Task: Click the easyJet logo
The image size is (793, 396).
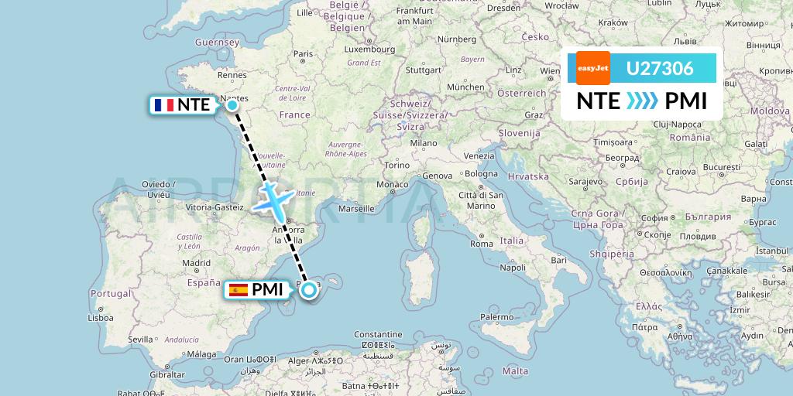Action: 593,68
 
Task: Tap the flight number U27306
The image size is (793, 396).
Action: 660,69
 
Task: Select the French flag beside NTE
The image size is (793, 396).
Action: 163,105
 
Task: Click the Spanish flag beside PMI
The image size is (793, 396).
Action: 238,290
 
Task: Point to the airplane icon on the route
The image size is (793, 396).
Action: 271,200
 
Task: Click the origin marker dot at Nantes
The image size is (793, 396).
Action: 232,104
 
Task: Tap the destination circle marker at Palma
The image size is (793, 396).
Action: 309,290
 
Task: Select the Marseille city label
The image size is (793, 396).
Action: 356,209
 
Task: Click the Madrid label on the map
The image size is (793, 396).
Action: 196,263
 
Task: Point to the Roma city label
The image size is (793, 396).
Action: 482,244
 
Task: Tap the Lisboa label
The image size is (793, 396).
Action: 101,317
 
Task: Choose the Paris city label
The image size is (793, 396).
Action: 302,54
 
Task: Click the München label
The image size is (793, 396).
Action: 465,87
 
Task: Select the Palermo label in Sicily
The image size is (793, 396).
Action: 497,316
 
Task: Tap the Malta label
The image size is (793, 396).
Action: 515,371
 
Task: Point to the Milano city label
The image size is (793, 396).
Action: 424,143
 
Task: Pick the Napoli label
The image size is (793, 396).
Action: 513,268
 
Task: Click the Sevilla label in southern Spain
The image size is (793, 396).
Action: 141,339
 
